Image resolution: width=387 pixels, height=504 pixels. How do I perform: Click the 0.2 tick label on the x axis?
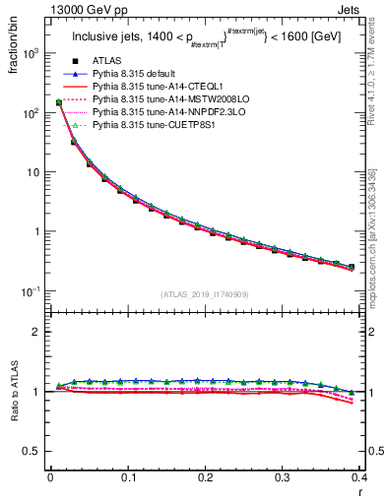[206, 478]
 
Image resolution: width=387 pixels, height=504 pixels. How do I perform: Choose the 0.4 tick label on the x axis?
[361, 478]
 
